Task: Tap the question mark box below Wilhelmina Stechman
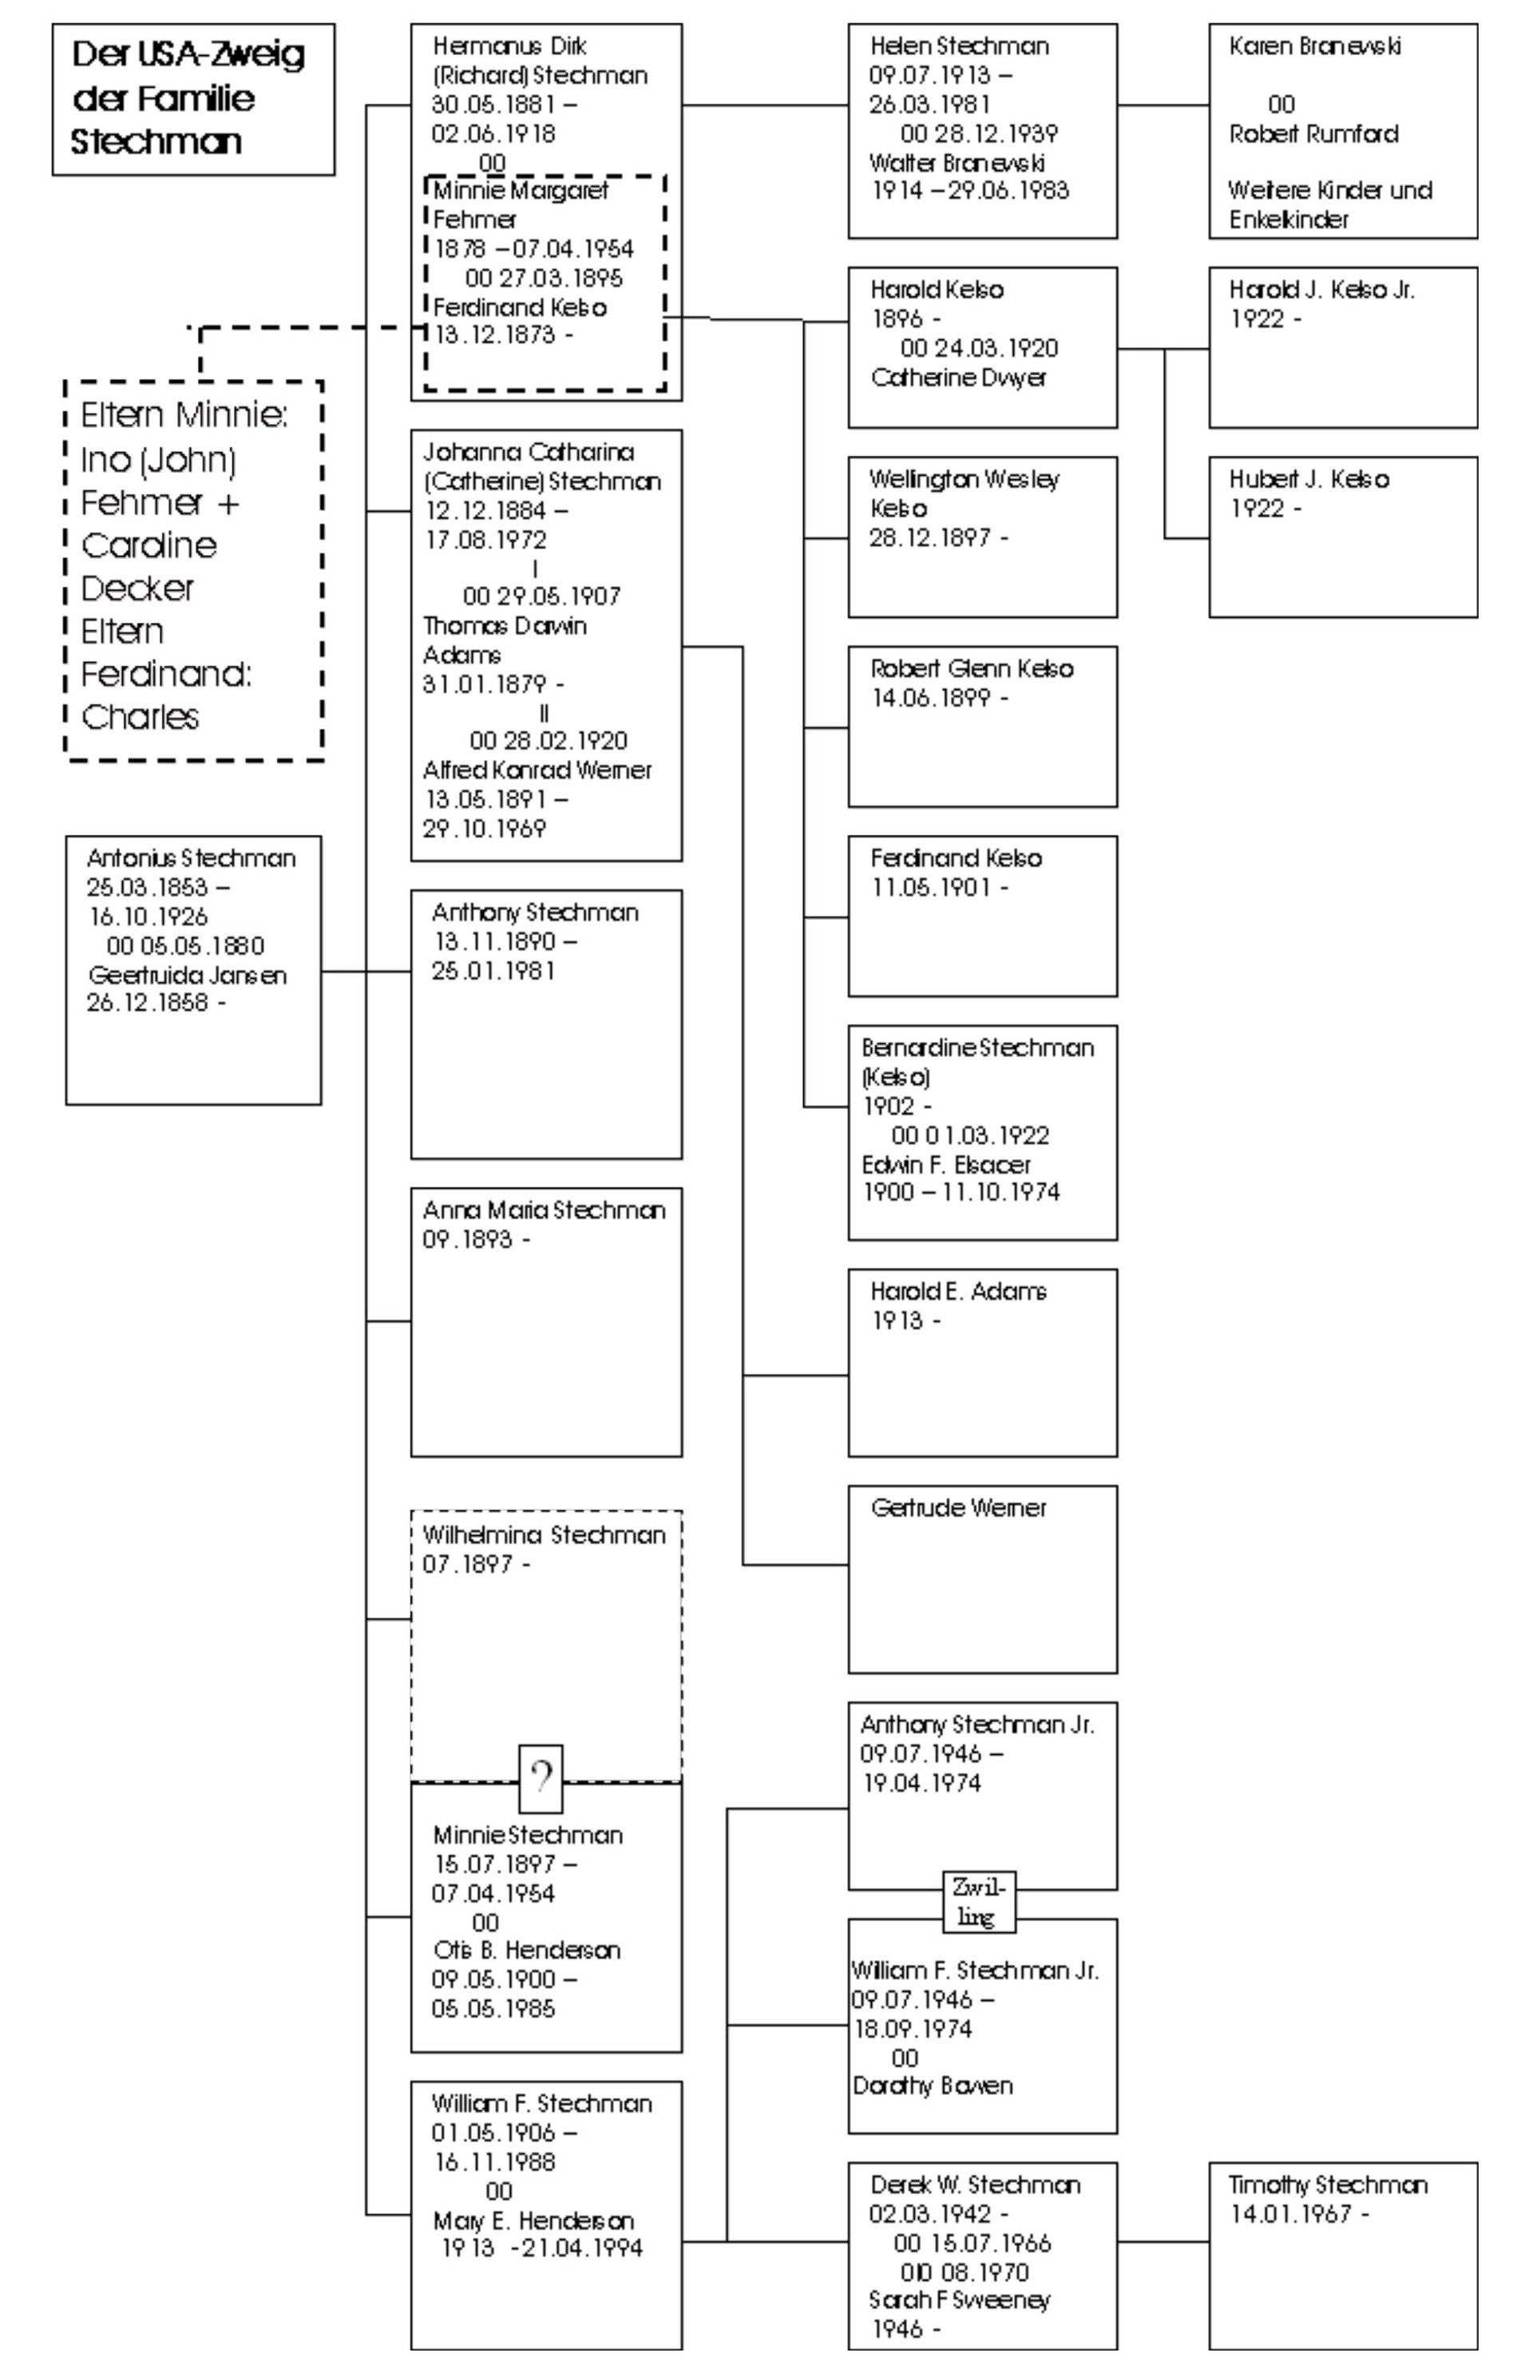pyautogui.click(x=541, y=1778)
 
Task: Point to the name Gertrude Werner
pyautogui.click(x=957, y=1507)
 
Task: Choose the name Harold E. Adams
pyautogui.click(x=957, y=1291)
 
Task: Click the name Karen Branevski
pyautogui.click(x=1314, y=46)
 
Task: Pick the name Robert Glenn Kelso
pyautogui.click(x=971, y=668)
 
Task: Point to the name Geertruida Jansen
pyautogui.click(x=187, y=975)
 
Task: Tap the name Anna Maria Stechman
pyautogui.click(x=544, y=1210)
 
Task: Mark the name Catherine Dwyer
pyautogui.click(x=957, y=378)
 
